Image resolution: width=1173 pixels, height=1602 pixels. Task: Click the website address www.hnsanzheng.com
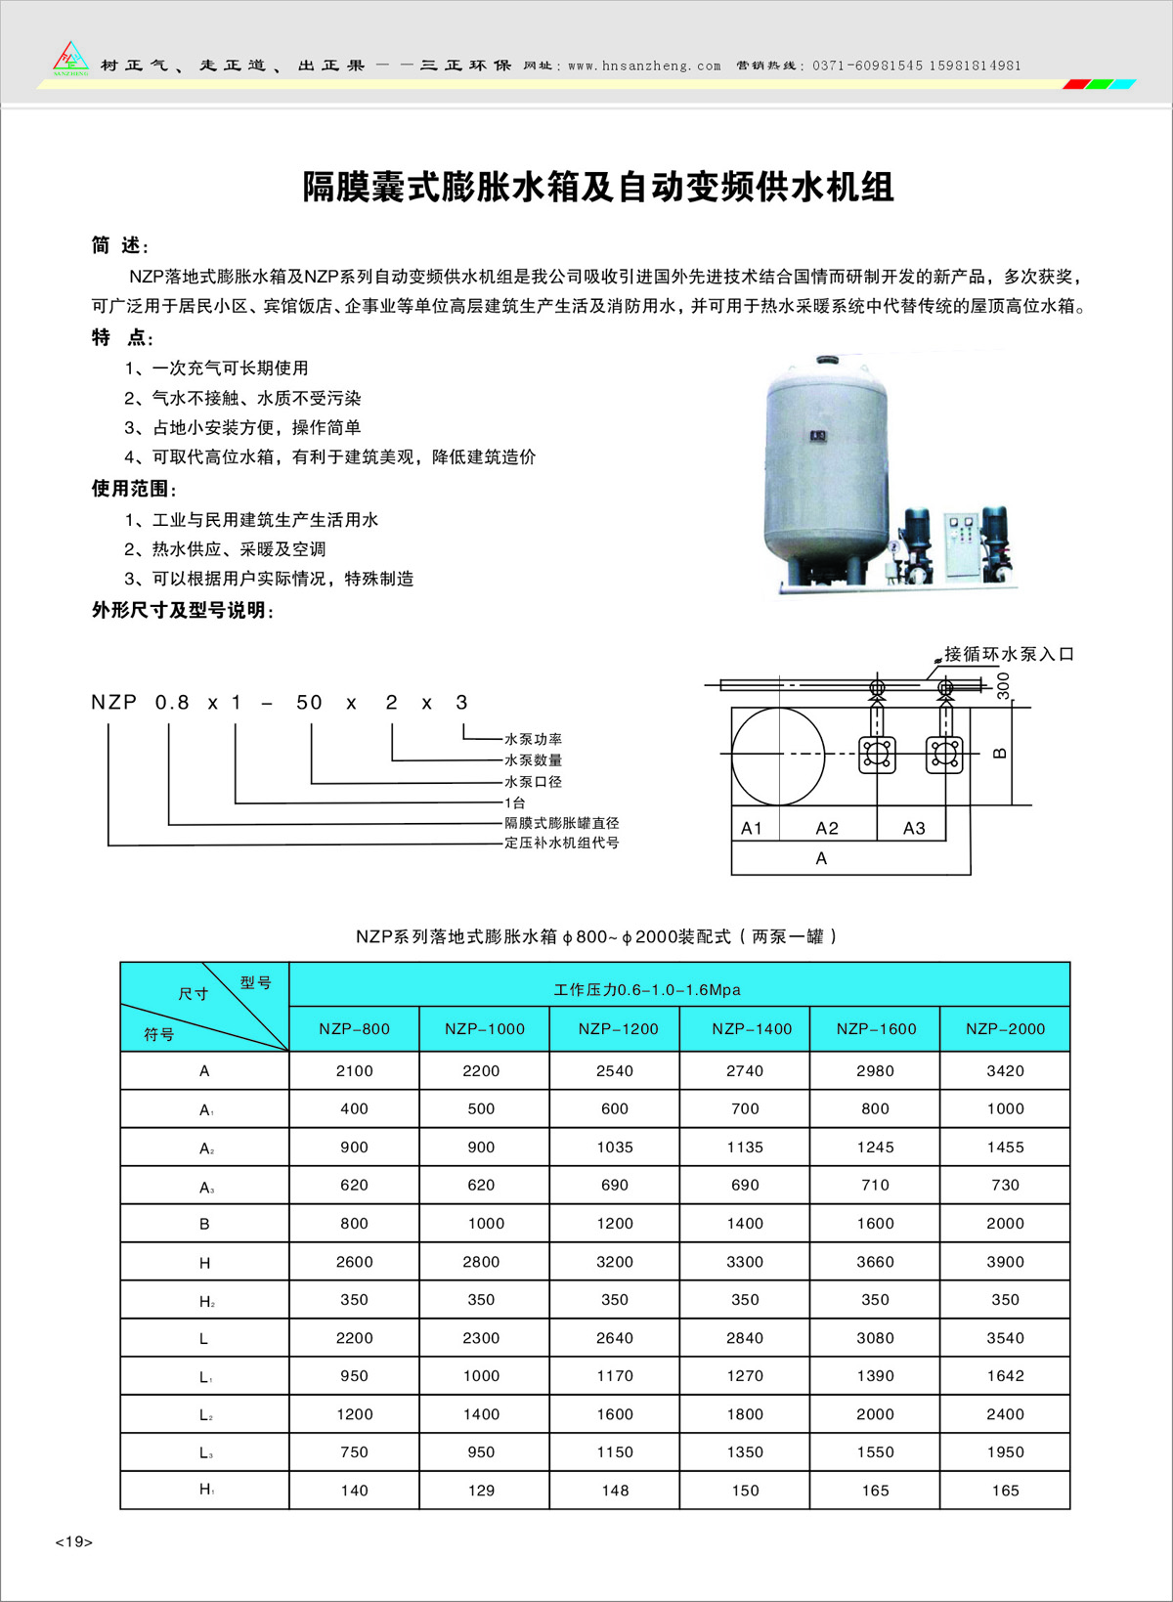point(644,66)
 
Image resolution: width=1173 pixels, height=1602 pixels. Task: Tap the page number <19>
point(74,1541)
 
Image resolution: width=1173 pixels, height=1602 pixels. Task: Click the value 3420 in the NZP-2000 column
point(1005,1070)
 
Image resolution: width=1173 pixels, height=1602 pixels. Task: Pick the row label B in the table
point(204,1224)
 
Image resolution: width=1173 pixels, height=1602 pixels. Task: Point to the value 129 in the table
point(481,1491)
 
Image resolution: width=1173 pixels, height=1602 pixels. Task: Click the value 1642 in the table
point(1005,1376)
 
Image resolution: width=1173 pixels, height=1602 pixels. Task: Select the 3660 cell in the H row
point(875,1262)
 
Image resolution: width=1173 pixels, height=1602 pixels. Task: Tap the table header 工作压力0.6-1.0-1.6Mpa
point(647,989)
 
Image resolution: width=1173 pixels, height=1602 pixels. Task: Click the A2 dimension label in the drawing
point(827,828)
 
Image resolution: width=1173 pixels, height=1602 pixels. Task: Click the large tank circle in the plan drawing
point(779,756)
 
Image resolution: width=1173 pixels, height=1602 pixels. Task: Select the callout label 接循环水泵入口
point(1009,654)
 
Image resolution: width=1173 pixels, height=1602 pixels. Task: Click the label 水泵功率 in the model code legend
point(533,739)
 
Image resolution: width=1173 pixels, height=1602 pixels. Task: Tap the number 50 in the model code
point(309,702)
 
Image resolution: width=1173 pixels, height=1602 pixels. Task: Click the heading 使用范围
point(134,488)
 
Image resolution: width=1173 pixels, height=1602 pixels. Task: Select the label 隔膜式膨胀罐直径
point(561,823)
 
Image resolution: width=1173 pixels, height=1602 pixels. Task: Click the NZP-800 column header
point(354,1028)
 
